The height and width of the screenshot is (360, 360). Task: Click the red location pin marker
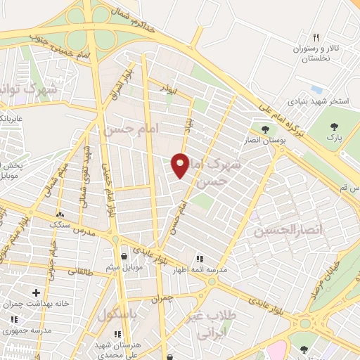click(x=181, y=165)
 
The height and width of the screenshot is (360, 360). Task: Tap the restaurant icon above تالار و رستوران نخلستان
click(x=316, y=37)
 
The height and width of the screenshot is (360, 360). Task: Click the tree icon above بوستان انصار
click(x=265, y=129)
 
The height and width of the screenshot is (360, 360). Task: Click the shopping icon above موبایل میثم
click(x=124, y=256)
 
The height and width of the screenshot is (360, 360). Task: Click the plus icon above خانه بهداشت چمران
click(x=36, y=292)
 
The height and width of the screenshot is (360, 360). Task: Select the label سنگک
click(x=60, y=224)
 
